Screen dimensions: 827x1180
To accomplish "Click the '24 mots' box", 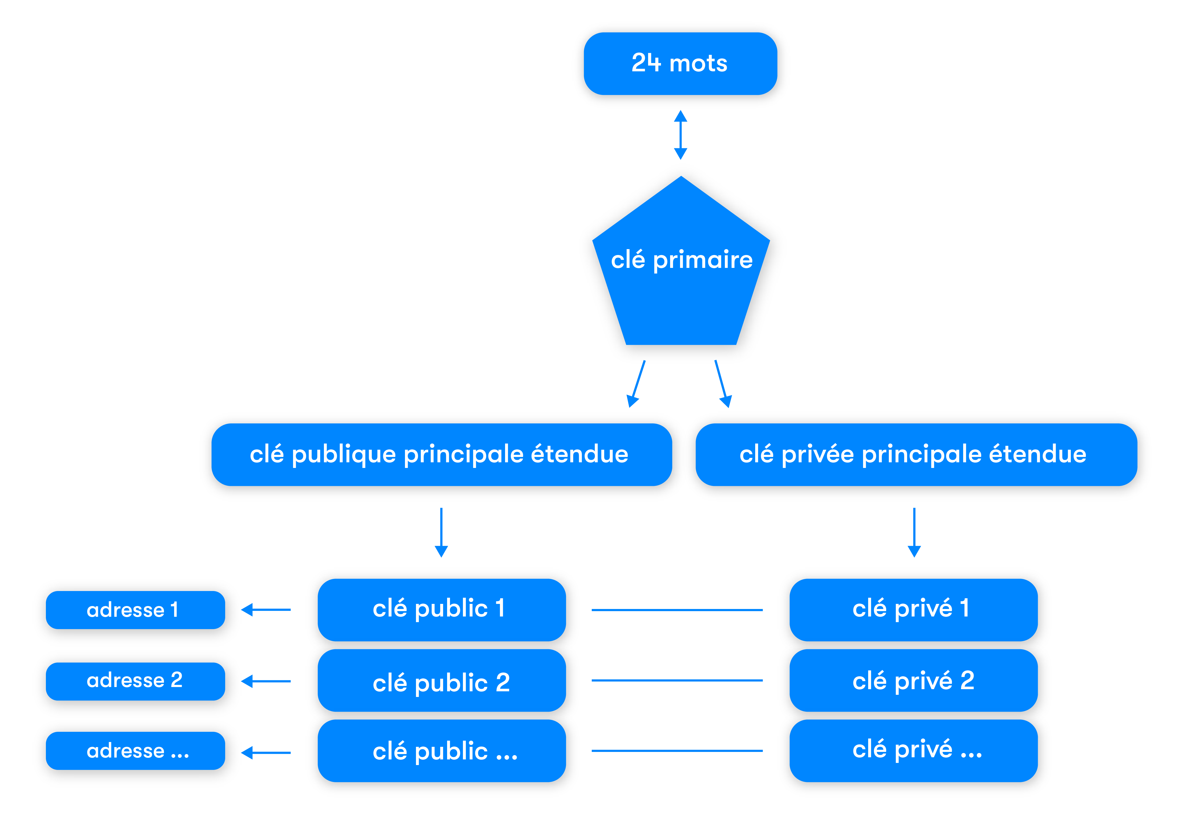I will click(680, 64).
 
